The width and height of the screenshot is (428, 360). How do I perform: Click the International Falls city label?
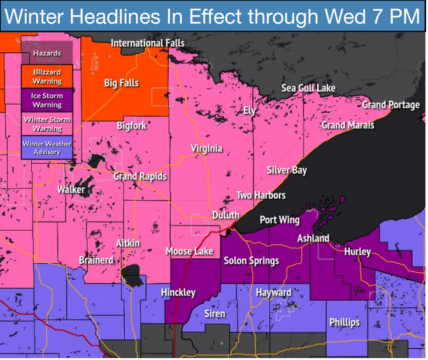(x=148, y=43)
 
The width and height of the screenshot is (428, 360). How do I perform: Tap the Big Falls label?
(x=121, y=83)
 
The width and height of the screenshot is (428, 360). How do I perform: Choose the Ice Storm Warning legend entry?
(x=47, y=100)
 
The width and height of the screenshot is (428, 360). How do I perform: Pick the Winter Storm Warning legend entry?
(x=47, y=124)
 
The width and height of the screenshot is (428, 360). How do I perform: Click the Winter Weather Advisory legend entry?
(x=47, y=148)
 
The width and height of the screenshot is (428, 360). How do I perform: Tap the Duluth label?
(x=225, y=215)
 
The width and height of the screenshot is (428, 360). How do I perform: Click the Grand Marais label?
(x=347, y=125)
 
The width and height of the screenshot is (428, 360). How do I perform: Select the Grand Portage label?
(x=391, y=104)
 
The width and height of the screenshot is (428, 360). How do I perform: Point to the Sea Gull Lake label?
(x=308, y=88)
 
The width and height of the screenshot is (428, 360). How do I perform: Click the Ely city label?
(x=250, y=111)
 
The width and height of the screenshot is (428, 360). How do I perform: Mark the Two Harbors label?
(x=260, y=195)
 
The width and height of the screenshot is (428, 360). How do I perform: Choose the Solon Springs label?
(x=251, y=261)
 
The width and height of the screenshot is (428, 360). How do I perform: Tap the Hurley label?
(x=357, y=252)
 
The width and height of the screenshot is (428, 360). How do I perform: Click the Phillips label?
(x=344, y=322)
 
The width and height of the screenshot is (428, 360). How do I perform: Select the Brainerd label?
(x=96, y=260)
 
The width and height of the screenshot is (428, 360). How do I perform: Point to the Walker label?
(x=71, y=190)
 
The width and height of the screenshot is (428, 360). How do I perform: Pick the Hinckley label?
(x=178, y=292)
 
